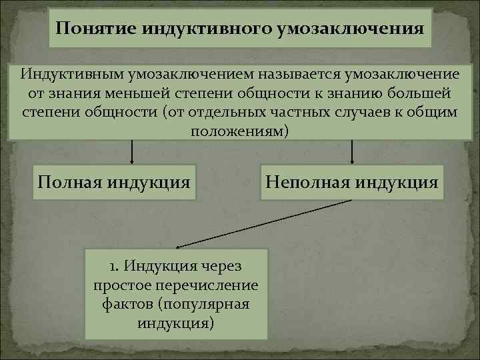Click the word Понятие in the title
pos(87,29)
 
